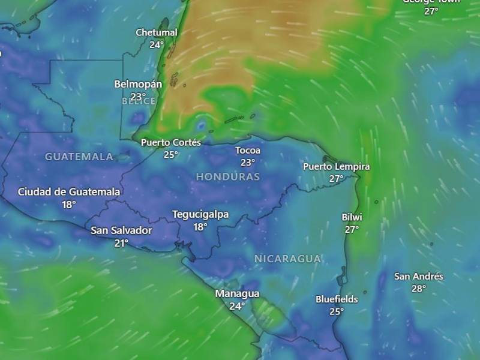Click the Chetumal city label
click(157, 32)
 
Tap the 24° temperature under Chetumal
click(157, 45)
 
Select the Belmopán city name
click(138, 84)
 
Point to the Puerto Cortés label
click(171, 142)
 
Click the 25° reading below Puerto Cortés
click(171, 155)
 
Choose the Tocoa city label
click(248, 150)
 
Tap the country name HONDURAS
click(228, 176)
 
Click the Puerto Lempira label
click(336, 166)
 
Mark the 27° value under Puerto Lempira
click(336, 179)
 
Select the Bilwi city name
click(352, 217)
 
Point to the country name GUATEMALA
click(79, 157)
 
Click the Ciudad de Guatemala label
click(69, 192)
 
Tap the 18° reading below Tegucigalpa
click(200, 227)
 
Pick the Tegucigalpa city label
click(200, 214)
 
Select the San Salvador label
click(122, 230)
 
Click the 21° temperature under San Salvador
click(122, 243)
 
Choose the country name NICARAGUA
click(287, 259)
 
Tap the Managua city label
click(237, 293)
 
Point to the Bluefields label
click(337, 299)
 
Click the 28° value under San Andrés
click(419, 289)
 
